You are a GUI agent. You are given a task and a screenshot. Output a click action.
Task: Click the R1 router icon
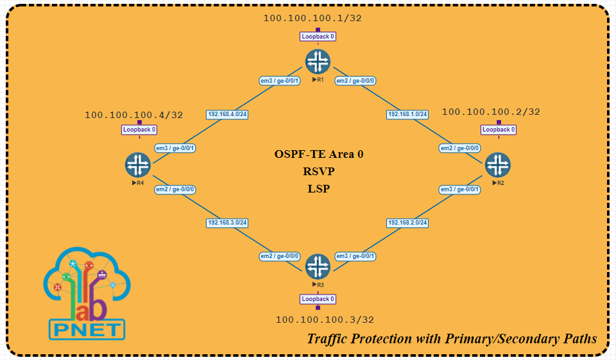(317, 62)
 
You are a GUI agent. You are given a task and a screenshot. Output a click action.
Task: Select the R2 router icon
(497, 165)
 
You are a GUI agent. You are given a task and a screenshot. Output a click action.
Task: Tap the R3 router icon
(317, 266)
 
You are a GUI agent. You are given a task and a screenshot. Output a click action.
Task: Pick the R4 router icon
(137, 165)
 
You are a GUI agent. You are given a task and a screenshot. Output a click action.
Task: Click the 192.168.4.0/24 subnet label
(227, 114)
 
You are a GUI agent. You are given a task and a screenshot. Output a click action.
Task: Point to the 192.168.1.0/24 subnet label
(407, 114)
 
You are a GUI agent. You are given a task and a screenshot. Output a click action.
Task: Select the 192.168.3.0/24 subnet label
(227, 223)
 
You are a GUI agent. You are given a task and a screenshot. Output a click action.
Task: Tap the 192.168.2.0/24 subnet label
(407, 223)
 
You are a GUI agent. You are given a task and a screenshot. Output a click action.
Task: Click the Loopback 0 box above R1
(318, 37)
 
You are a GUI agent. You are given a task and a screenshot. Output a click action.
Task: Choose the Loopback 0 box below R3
(318, 299)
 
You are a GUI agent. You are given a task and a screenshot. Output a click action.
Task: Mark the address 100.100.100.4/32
(134, 116)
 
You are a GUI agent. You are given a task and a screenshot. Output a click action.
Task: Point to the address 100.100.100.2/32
(491, 112)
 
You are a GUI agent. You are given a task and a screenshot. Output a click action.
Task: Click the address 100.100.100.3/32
(325, 320)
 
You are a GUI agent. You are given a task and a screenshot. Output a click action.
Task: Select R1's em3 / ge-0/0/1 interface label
(279, 81)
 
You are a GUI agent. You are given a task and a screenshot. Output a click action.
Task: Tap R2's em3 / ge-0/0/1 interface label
(459, 189)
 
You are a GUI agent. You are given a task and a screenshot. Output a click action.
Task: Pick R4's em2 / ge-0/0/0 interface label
(175, 189)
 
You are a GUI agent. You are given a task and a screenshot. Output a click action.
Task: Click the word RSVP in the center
(319, 171)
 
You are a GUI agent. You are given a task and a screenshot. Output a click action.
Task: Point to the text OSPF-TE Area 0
(319, 154)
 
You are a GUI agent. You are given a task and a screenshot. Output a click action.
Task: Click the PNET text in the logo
(87, 330)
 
